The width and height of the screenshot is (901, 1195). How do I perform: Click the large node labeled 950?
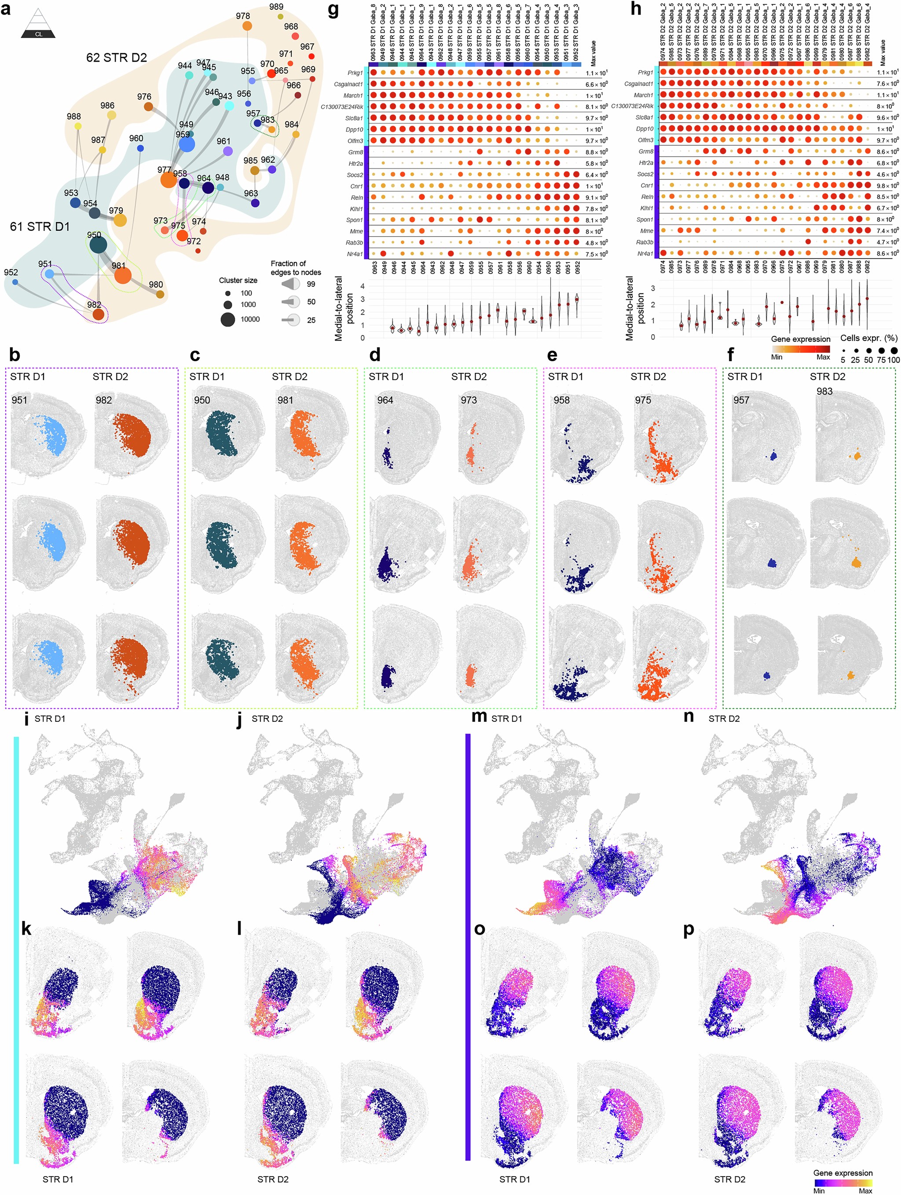point(98,245)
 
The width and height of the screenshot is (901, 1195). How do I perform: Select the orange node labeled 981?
point(123,275)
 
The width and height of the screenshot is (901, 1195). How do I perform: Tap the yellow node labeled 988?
point(78,126)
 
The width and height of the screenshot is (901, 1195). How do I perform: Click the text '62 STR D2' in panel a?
point(116,58)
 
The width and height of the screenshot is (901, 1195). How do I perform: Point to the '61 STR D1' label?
point(40,227)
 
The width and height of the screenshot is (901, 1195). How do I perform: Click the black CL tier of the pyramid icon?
point(38,34)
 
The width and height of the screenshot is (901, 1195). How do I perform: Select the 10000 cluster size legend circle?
point(227,319)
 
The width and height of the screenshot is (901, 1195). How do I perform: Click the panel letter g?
point(333,10)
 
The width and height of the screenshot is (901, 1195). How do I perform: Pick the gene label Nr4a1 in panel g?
point(355,254)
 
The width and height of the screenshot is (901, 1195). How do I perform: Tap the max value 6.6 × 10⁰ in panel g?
point(596,84)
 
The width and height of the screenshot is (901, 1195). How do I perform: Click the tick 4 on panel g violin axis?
point(362,286)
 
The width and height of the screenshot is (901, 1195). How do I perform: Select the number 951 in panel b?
point(19,400)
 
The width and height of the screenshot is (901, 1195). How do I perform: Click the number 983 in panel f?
point(824,391)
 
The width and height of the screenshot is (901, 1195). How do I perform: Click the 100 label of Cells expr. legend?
point(893,360)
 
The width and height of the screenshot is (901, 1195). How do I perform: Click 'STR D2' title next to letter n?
point(724,719)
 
